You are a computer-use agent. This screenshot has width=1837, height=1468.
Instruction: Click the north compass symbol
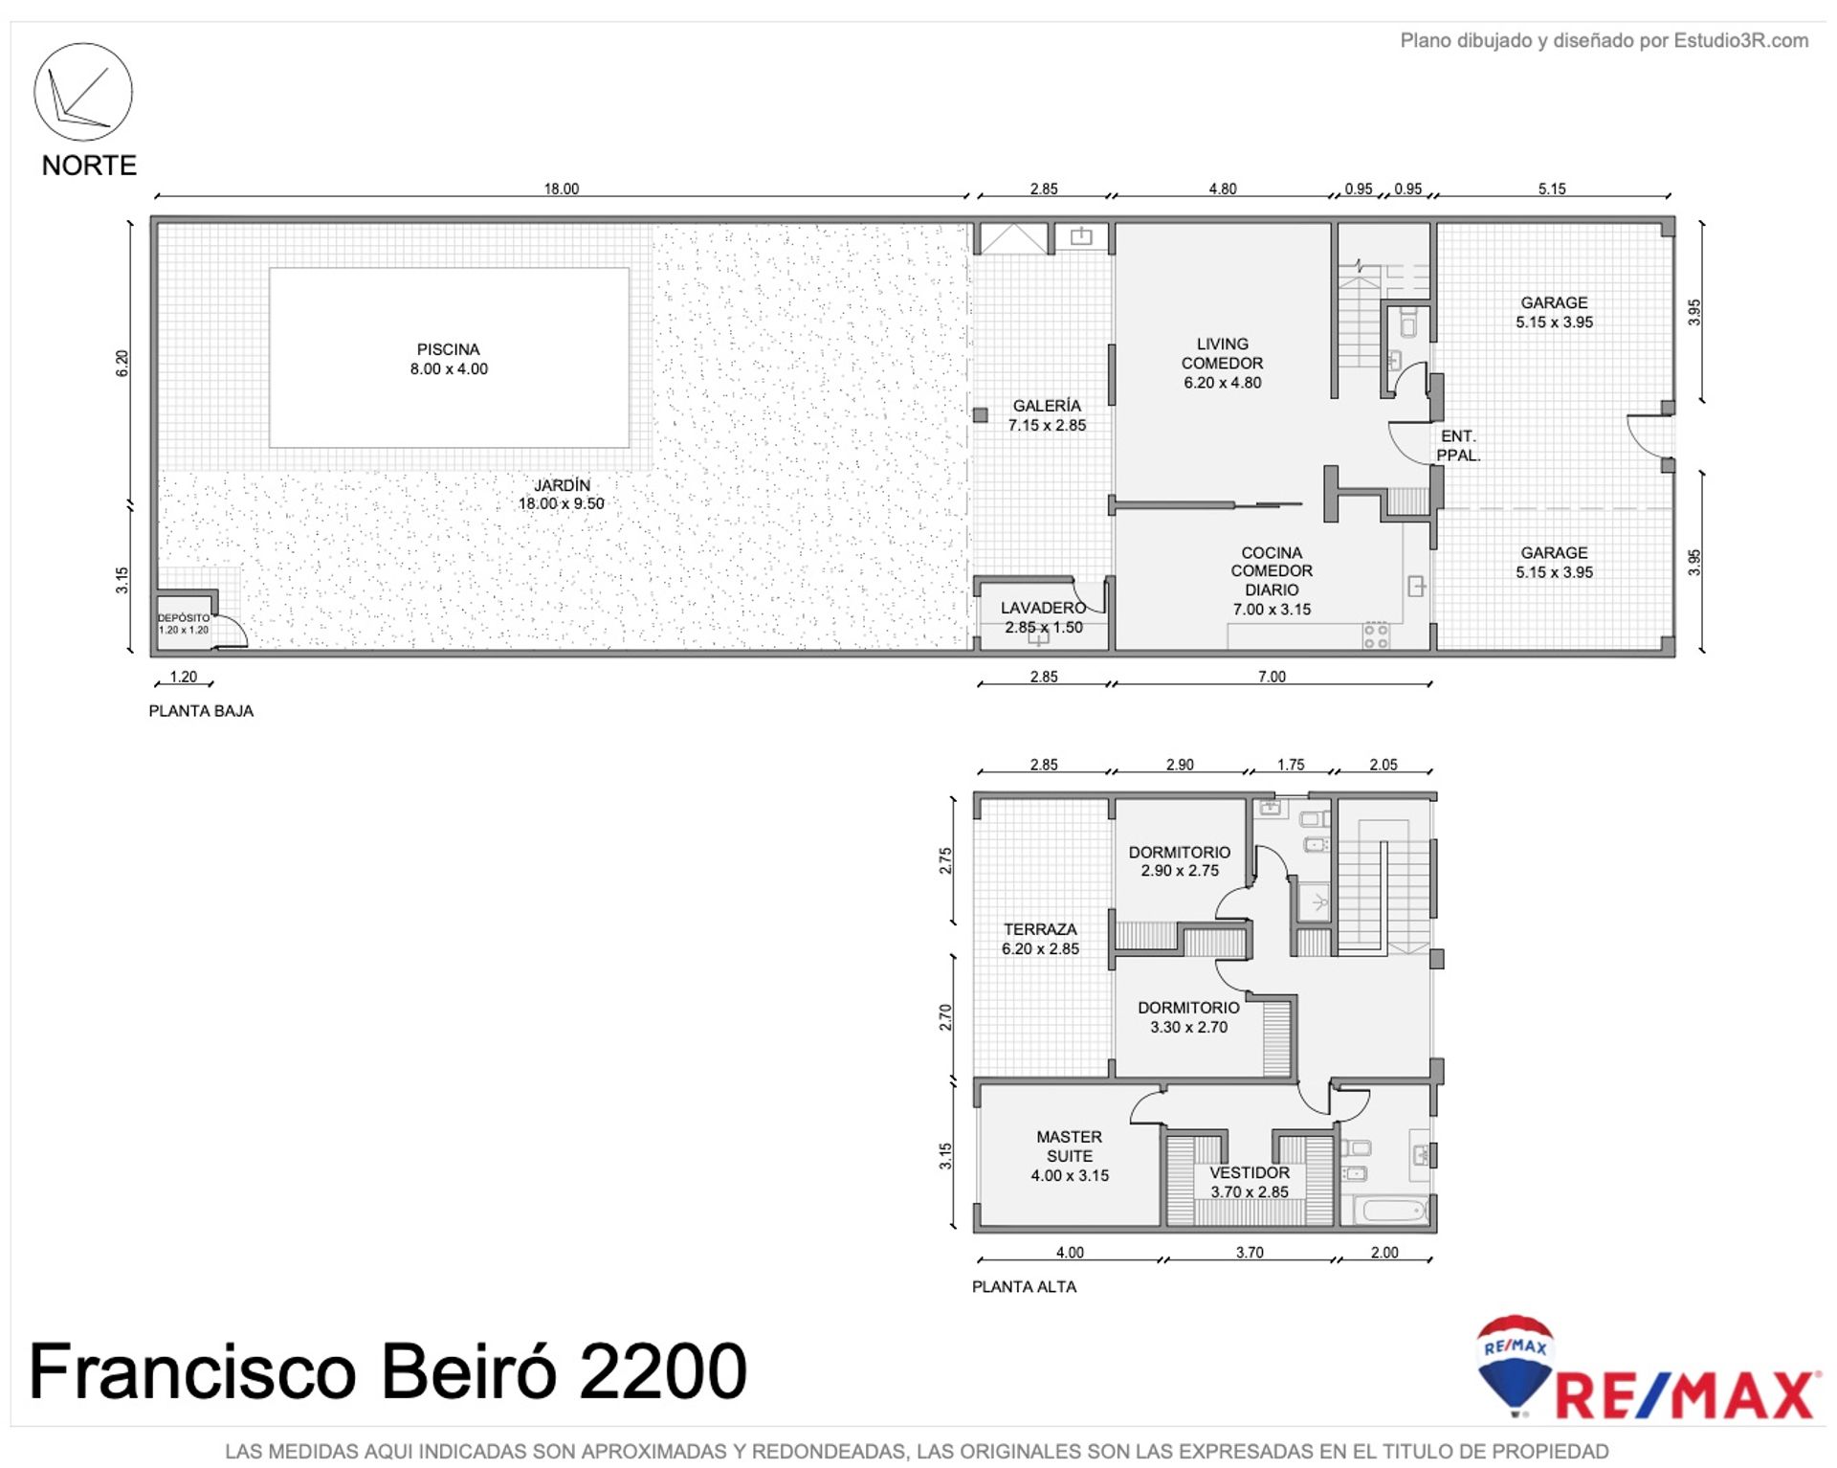pyautogui.click(x=83, y=92)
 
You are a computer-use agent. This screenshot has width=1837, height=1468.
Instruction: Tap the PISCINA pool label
pyautogui.click(x=449, y=359)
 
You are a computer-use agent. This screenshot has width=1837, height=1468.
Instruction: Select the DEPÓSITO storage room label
pyautogui.click(x=184, y=624)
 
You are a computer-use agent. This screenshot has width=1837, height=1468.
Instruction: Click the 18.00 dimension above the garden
pyautogui.click(x=562, y=189)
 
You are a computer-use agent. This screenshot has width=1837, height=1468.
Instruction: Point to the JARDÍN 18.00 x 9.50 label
pyautogui.click(x=562, y=494)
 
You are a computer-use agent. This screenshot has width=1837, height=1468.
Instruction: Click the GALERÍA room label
pyautogui.click(x=1047, y=415)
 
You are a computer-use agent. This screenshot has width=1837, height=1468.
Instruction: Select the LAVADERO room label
pyautogui.click(x=1043, y=617)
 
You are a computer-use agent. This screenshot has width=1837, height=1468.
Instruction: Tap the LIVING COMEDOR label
pyautogui.click(x=1223, y=363)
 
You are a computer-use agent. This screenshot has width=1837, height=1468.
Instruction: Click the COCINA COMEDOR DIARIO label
pyautogui.click(x=1272, y=581)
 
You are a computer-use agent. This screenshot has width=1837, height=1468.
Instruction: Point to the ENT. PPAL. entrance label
pyautogui.click(x=1458, y=445)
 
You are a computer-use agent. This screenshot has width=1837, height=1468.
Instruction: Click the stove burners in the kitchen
pyautogui.click(x=1376, y=635)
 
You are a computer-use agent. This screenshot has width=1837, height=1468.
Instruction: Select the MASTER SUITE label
pyautogui.click(x=1070, y=1156)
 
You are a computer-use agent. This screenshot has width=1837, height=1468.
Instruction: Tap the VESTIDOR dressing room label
pyautogui.click(x=1250, y=1182)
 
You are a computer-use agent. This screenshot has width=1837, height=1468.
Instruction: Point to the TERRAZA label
pyautogui.click(x=1040, y=939)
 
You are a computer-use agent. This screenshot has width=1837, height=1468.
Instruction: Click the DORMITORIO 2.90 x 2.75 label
pyautogui.click(x=1180, y=861)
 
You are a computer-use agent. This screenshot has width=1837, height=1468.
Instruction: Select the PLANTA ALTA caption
pyautogui.click(x=1024, y=1287)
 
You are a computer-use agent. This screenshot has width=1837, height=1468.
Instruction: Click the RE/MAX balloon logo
pyautogui.click(x=1515, y=1365)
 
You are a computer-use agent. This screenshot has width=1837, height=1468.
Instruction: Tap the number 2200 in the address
pyautogui.click(x=662, y=1371)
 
